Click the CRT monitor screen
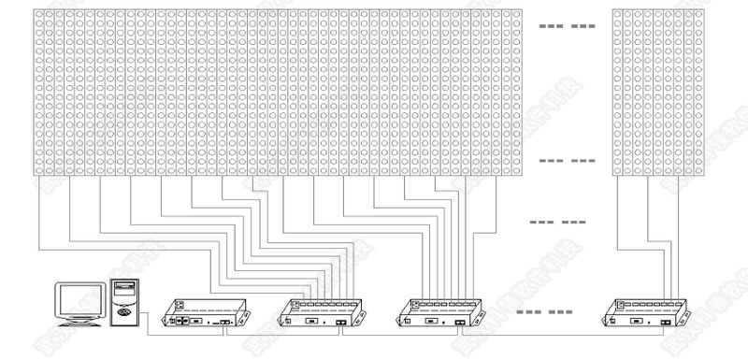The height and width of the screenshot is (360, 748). pyautogui.click(x=79, y=300)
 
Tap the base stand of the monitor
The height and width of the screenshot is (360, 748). pyautogui.click(x=79, y=323)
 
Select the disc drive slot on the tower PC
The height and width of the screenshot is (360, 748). pyautogui.click(x=124, y=287)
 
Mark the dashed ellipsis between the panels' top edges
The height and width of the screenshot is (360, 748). pyautogui.click(x=569, y=26)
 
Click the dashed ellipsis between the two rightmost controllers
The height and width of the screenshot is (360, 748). pyautogui.click(x=544, y=311)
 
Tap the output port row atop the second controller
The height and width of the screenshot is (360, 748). pyautogui.click(x=324, y=304)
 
